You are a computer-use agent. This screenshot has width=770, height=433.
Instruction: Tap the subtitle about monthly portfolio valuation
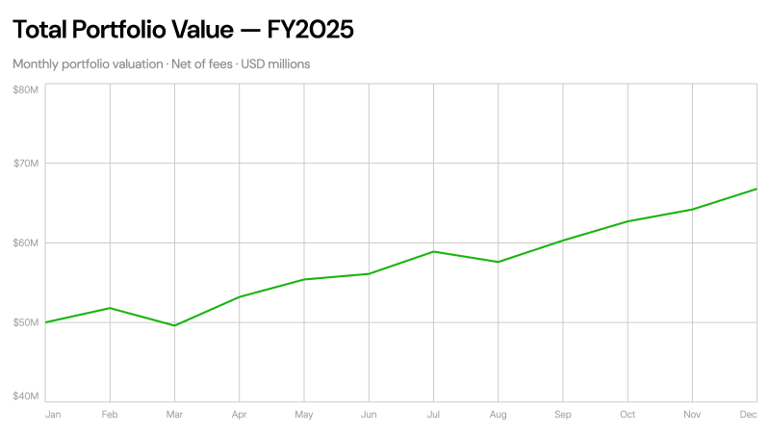click(162, 64)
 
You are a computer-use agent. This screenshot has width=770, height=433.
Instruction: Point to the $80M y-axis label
click(25, 89)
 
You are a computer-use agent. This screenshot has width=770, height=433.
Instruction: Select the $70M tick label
click(25, 164)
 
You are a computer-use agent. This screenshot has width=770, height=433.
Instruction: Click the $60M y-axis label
click(25, 242)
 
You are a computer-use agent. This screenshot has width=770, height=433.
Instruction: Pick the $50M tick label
click(25, 321)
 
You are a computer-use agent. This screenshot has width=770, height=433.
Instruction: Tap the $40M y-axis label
click(25, 395)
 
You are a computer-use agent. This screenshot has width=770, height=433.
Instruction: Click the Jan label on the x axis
click(53, 415)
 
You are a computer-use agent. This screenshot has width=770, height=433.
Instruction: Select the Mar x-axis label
click(174, 415)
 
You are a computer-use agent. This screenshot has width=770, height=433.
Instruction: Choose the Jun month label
click(369, 415)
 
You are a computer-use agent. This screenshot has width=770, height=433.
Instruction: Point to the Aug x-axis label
click(498, 415)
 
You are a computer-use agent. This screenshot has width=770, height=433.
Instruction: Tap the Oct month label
click(628, 415)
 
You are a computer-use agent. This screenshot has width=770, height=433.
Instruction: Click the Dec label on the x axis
click(748, 415)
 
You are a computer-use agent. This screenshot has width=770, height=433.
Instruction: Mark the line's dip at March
click(174, 325)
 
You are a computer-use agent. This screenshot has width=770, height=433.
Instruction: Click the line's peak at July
click(433, 251)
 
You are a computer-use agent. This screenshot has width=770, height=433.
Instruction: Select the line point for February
click(110, 308)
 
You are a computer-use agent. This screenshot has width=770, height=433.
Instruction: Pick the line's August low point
click(498, 262)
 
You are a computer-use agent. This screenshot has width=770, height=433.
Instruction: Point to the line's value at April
click(239, 296)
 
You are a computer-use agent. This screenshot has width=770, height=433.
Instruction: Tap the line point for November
click(692, 209)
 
